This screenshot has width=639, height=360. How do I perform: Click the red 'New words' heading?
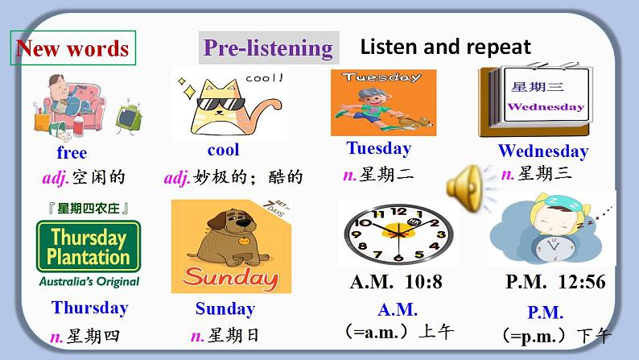[72, 48]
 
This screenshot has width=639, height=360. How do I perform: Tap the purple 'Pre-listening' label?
[268, 48]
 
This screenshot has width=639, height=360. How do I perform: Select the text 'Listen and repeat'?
[445, 47]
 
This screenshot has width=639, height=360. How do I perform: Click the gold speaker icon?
[465, 188]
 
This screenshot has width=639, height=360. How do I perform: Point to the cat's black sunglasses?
[221, 104]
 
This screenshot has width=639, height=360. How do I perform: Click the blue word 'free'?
[72, 152]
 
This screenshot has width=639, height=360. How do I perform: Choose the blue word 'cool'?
[223, 150]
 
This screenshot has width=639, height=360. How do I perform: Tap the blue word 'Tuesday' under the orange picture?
[378, 148]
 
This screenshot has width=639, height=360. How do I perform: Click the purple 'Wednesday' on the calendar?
[546, 107]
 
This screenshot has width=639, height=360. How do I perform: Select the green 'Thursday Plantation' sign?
[89, 246]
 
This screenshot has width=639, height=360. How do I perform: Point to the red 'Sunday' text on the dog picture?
[231, 278]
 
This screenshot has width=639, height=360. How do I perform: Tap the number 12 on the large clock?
[398, 211]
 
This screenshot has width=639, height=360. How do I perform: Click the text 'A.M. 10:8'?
[396, 282]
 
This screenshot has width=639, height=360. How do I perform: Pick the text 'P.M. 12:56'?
[555, 282]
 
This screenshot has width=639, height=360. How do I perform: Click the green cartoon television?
[129, 118]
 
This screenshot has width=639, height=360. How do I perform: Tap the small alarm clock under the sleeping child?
[554, 248]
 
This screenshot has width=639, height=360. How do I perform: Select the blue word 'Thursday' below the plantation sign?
[89, 308]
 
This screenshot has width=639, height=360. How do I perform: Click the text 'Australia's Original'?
[89, 282]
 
